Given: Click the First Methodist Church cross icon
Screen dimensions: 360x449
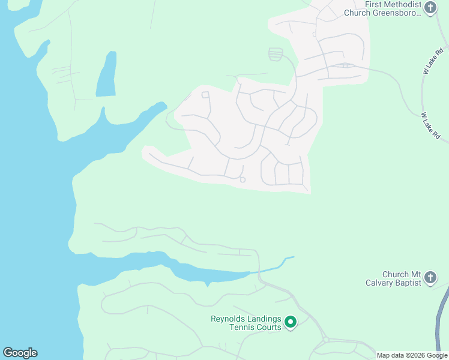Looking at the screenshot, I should click(430, 8).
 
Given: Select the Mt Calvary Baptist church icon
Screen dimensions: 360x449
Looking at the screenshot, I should click(430, 277).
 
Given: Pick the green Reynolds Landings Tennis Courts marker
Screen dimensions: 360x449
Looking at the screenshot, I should click(291, 323).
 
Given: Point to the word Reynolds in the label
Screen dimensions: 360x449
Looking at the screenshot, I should click(228, 319).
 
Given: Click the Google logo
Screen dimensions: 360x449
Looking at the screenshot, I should click(20, 353).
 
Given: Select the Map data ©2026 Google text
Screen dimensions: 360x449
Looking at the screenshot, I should click(412, 355).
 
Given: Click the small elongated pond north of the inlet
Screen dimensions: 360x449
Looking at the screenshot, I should click(106, 76).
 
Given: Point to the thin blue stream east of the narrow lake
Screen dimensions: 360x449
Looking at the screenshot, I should click(276, 265).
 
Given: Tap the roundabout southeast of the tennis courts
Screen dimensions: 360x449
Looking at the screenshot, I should click(326, 340).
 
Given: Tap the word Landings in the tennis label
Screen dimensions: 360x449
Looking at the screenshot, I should click(264, 319).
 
